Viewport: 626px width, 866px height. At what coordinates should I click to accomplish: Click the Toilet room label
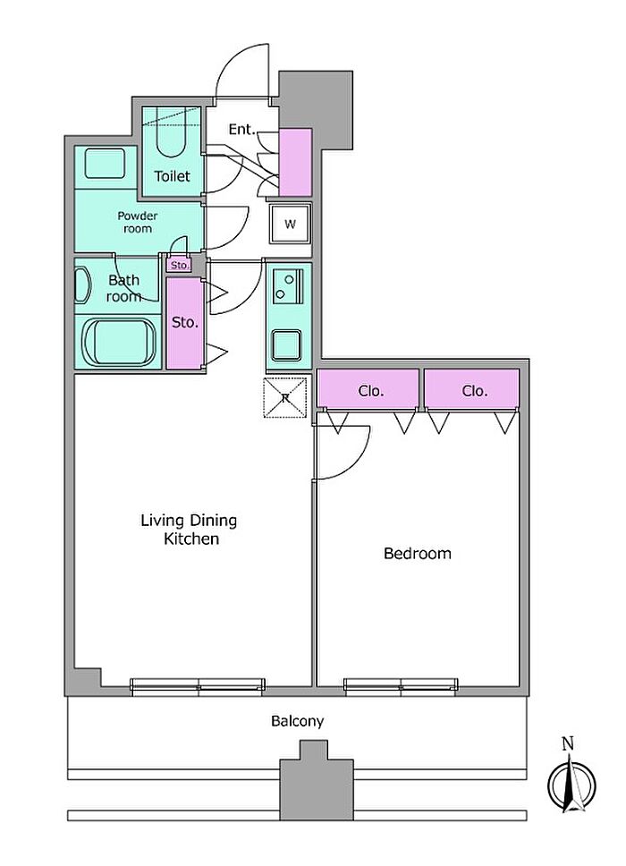point(172,176)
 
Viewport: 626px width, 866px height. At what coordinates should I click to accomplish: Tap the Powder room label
point(138,222)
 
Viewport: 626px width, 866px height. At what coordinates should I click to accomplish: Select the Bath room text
point(123,288)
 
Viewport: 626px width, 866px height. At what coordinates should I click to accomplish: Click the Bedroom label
point(418,554)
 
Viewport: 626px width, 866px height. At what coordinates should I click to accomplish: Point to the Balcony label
point(297,721)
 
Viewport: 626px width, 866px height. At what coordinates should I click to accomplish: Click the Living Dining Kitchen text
point(190,529)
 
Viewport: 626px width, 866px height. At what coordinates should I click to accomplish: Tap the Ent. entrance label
point(242,129)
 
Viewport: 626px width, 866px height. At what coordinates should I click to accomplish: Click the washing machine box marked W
point(291,224)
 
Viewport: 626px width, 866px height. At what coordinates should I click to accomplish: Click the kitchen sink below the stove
point(287,345)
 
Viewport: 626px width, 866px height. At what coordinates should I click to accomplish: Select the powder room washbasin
point(105,163)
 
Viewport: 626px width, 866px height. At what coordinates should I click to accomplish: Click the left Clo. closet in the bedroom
point(368,390)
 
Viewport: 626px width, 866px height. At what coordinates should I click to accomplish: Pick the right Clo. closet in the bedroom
point(472,390)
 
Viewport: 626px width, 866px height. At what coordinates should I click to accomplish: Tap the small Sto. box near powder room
point(180,265)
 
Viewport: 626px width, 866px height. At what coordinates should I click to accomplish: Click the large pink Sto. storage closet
point(184,323)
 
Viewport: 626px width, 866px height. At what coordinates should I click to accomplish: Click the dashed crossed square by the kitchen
point(285,397)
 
